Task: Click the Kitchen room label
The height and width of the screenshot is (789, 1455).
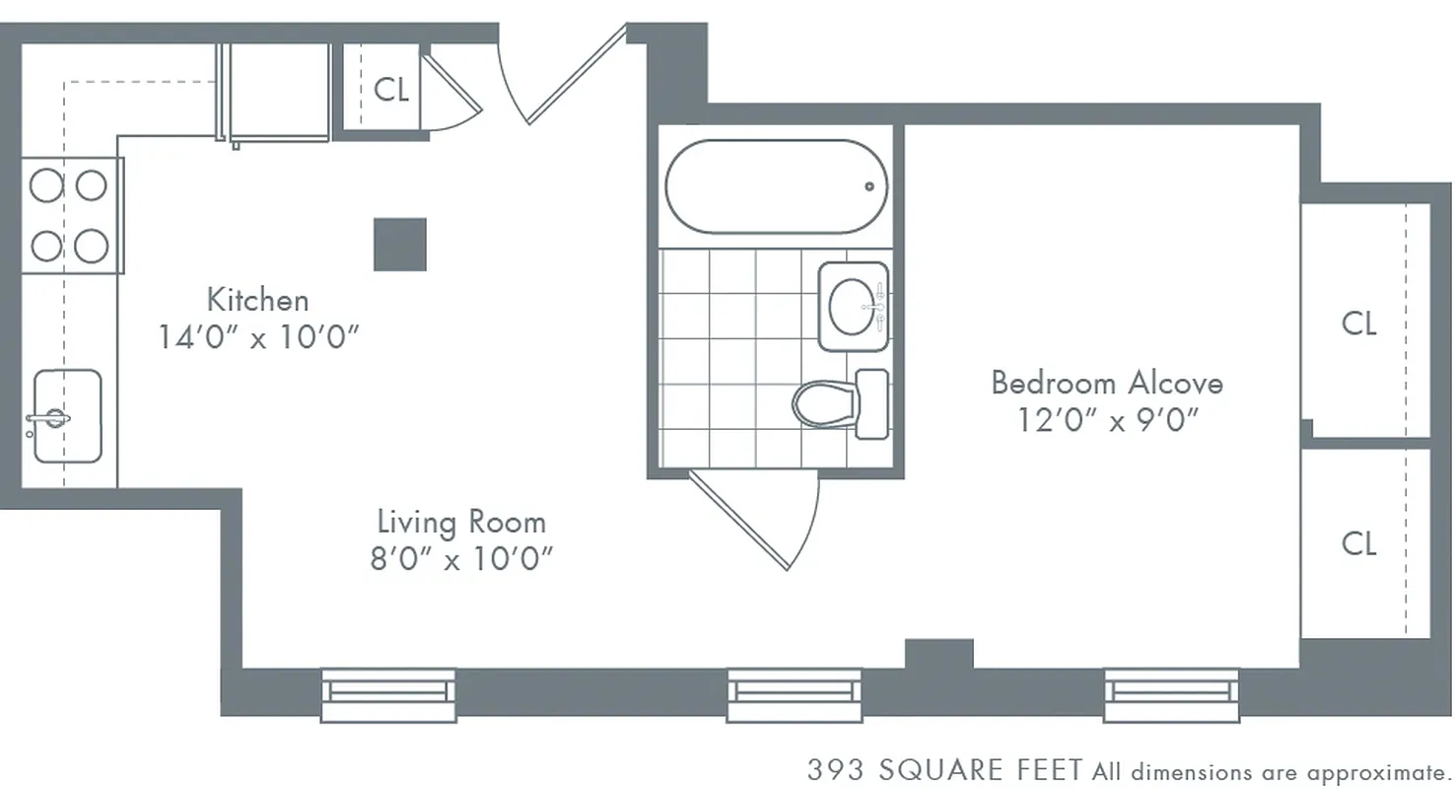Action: coord(257,299)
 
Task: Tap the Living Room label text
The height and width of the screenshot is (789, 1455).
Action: coord(461,521)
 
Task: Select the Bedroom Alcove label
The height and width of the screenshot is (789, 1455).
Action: coord(1107,382)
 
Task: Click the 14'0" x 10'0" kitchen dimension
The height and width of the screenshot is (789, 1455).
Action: coord(257,337)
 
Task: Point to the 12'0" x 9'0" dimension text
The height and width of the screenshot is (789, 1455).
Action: coord(1107,420)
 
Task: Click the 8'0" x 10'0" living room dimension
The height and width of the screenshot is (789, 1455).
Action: coord(461,559)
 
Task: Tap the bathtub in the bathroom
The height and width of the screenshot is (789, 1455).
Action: coord(776,186)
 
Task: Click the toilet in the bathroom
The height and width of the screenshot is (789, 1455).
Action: coord(828,403)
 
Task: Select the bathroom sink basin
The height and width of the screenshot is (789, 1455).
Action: coord(852,307)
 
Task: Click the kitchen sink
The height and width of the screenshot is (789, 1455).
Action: coord(67,416)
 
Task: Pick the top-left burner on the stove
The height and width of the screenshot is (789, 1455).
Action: coord(45,185)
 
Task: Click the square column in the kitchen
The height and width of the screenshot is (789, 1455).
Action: coord(400,244)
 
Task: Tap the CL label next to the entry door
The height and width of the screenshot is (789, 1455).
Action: coord(391,90)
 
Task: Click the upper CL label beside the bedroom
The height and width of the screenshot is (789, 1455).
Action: coord(1358,323)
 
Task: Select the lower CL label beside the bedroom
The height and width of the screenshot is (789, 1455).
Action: coord(1358,542)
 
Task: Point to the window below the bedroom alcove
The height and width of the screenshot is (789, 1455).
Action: coord(1170,694)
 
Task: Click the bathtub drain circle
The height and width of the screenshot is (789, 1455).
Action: coord(869,186)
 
